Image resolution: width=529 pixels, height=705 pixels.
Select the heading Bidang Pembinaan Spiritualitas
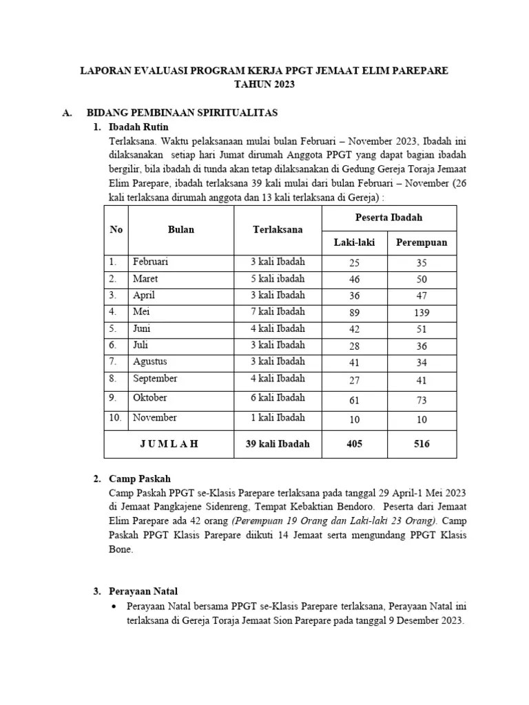click(x=182, y=112)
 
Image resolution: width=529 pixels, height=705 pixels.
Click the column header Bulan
click(x=181, y=229)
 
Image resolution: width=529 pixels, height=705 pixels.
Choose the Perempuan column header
click(x=422, y=242)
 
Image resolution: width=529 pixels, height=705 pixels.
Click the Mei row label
click(x=141, y=312)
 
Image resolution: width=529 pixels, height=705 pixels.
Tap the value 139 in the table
click(x=422, y=313)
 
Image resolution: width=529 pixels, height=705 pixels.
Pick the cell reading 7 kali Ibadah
click(x=278, y=312)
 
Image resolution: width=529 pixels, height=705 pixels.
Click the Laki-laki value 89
click(x=355, y=313)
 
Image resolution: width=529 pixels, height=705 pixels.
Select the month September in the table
click(x=155, y=378)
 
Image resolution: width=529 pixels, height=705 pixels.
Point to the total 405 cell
click(x=355, y=444)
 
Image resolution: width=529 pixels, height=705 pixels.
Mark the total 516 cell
click(x=422, y=444)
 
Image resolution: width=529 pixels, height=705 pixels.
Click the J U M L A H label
click(x=169, y=444)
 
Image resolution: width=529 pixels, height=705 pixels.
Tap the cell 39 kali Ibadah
click(x=278, y=444)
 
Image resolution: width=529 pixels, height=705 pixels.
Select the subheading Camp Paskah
click(x=140, y=478)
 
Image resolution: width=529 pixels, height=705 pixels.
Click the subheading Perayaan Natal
click(x=144, y=591)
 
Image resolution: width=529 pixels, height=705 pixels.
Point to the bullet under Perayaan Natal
click(x=114, y=607)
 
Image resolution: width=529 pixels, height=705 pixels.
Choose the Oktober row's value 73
click(x=422, y=400)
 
